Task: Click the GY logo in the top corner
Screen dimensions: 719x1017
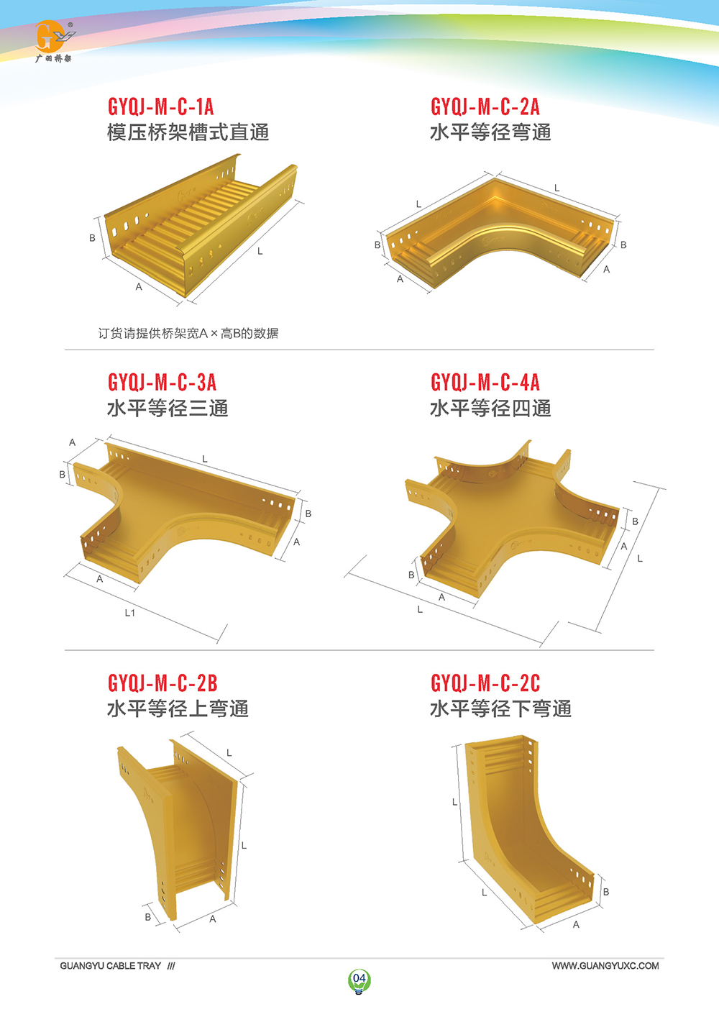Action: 54,41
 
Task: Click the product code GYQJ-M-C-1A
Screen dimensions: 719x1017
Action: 160,106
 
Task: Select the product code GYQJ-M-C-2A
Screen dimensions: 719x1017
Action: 485,106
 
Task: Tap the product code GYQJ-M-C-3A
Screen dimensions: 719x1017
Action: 162,382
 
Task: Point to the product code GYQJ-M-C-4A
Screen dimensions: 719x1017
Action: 485,382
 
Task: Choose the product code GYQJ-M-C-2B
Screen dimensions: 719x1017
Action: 162,683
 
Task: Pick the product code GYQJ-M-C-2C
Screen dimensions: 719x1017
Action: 485,683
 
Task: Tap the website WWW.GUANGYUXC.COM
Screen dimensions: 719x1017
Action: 605,966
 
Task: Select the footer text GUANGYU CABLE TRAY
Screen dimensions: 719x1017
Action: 110,966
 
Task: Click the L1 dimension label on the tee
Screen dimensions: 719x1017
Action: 130,613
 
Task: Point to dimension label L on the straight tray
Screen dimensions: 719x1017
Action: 260,251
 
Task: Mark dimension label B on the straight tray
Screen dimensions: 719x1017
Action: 92,238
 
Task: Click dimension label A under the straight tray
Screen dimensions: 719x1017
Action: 139,287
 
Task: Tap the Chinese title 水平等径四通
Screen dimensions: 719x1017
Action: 490,408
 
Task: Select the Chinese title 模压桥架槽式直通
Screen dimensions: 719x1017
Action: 188,132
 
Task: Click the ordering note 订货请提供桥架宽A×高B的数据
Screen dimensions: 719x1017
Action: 188,334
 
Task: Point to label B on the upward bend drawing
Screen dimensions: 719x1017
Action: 148,917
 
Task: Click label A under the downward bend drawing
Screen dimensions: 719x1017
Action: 576,924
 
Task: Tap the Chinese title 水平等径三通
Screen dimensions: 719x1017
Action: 168,408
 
